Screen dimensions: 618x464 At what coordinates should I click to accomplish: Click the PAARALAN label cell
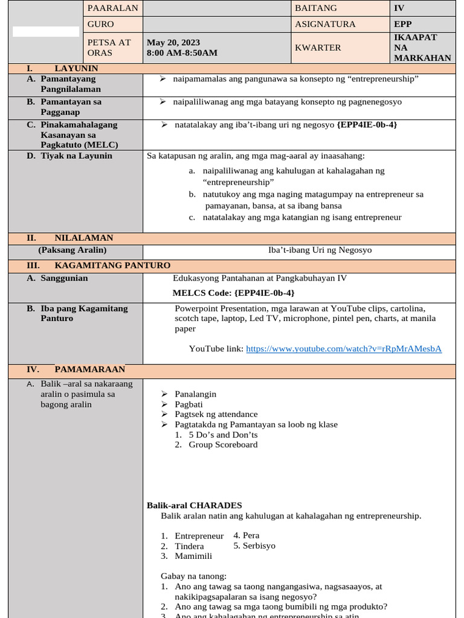(x=112, y=8)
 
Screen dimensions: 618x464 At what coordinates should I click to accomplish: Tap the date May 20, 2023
(x=173, y=43)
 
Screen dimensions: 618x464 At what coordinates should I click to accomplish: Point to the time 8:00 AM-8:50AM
(x=182, y=53)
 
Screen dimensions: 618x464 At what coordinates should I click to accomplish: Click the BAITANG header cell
(x=316, y=8)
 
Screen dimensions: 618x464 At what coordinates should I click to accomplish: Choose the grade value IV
(x=399, y=8)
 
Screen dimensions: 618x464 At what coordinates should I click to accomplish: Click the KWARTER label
(x=318, y=48)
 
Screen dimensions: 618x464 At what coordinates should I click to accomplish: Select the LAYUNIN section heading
(x=76, y=69)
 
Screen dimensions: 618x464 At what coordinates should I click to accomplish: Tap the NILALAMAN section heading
(x=83, y=238)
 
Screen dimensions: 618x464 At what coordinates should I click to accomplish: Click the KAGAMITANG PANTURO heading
(x=112, y=266)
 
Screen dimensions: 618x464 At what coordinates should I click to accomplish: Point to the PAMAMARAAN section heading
(x=89, y=369)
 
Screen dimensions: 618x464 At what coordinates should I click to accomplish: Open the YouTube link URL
(x=344, y=349)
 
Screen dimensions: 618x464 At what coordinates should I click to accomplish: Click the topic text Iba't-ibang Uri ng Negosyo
(x=320, y=250)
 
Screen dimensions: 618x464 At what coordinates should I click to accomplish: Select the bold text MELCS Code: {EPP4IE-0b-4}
(x=234, y=293)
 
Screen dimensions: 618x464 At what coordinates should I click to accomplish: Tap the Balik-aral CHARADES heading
(x=195, y=505)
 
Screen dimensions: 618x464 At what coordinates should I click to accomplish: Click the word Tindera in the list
(x=189, y=546)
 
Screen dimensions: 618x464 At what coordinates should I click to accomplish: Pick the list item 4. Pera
(x=246, y=535)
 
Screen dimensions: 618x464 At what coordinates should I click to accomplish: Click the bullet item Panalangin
(x=195, y=394)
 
